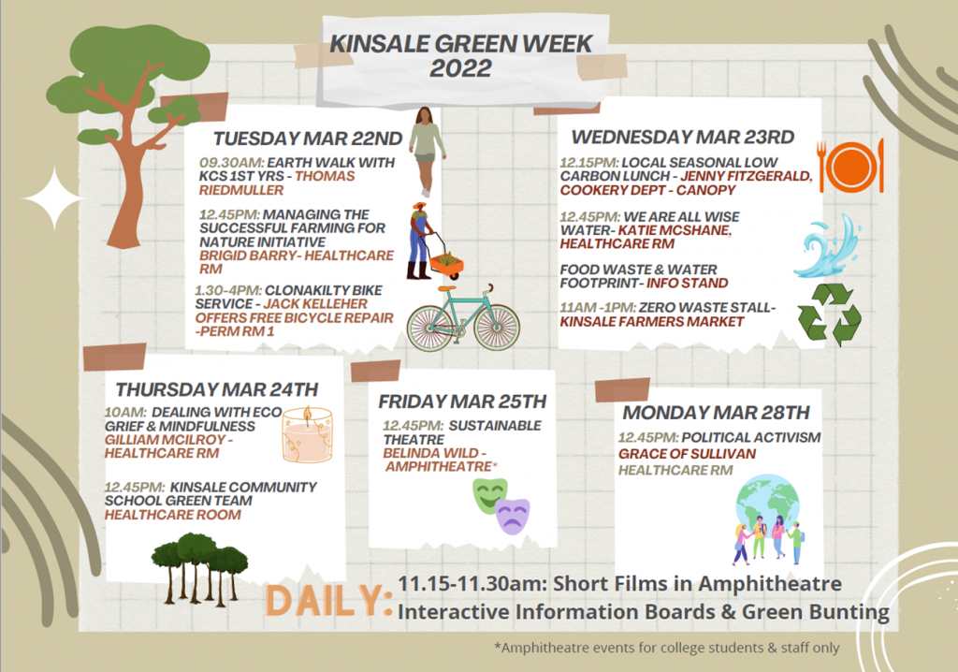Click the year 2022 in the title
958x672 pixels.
click(460, 68)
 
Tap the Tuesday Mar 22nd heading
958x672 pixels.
click(308, 139)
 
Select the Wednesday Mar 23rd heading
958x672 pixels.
click(682, 137)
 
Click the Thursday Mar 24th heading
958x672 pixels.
click(217, 389)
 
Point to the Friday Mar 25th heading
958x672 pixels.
click(462, 402)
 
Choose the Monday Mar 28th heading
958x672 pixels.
click(716, 413)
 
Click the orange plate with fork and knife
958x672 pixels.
click(851, 166)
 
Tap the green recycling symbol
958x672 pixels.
click(829, 314)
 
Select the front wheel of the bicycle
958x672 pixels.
click(496, 328)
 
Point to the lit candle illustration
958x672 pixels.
click(307, 435)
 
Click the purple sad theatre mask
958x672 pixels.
click(513, 517)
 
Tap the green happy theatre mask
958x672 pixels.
click(490, 496)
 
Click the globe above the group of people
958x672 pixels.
click(768, 505)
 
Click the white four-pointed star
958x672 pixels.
click(53, 199)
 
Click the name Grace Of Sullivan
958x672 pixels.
click(687, 454)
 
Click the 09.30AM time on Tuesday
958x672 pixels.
click(232, 163)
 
